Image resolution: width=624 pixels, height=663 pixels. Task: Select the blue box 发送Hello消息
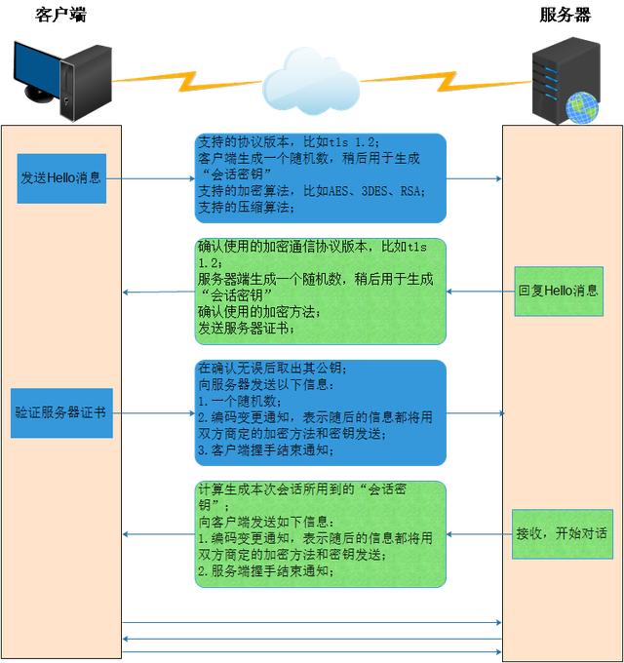click(x=60, y=178)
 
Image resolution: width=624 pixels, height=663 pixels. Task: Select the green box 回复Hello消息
click(x=559, y=291)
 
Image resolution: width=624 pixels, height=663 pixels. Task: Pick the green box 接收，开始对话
click(x=562, y=533)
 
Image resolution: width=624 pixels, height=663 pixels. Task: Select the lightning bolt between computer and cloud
click(x=185, y=75)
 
